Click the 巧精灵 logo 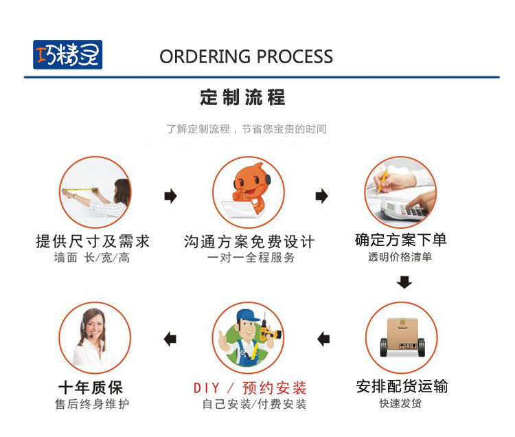pyautogui.click(x=67, y=55)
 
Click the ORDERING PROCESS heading pyautogui.click(x=246, y=56)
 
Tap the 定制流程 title pyautogui.click(x=242, y=97)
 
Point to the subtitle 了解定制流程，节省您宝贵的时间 pyautogui.click(x=247, y=129)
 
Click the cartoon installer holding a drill pyautogui.click(x=248, y=338)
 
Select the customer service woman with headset pyautogui.click(x=95, y=338)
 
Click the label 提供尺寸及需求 pyautogui.click(x=93, y=241)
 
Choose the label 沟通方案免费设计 pyautogui.click(x=249, y=242)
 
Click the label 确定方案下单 pyautogui.click(x=400, y=240)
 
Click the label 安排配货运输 pyautogui.click(x=402, y=386)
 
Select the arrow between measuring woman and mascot pyautogui.click(x=170, y=197)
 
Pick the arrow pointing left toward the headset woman pyautogui.click(x=170, y=339)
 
